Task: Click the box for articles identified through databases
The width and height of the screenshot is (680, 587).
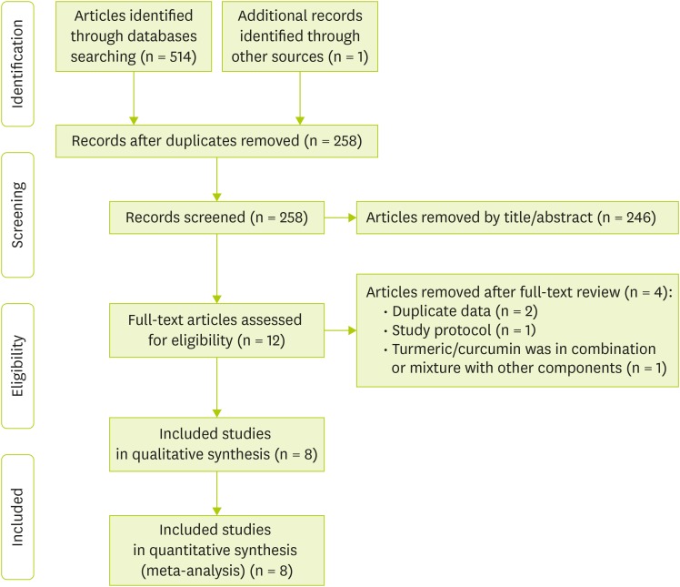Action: [133, 35]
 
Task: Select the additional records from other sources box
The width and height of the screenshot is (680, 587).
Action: [300, 35]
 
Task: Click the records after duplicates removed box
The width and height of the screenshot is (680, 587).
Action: [216, 141]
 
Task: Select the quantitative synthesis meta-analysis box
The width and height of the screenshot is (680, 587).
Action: [216, 549]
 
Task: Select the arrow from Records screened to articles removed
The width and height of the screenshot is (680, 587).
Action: [339, 218]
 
